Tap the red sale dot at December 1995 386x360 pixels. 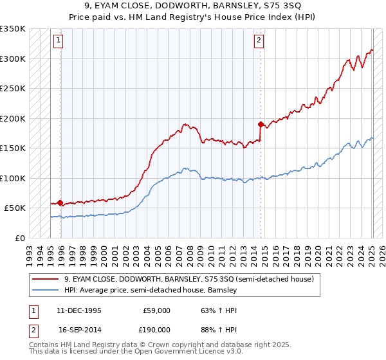[x=60, y=203]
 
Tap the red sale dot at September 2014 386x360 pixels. [x=261, y=124]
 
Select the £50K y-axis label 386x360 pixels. [x=15, y=208]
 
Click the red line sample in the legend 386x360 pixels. [x=45, y=279]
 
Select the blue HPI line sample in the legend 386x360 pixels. [x=45, y=290]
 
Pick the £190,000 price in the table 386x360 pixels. [x=156, y=328]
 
